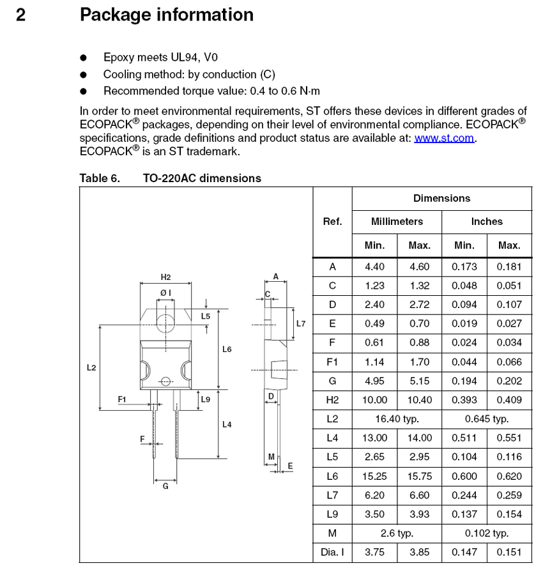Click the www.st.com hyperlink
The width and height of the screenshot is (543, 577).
click(444, 138)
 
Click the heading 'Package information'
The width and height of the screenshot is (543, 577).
click(166, 15)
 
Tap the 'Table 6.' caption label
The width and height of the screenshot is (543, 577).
click(100, 178)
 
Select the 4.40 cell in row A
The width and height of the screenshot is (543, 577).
click(374, 266)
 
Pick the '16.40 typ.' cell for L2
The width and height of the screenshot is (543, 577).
click(397, 419)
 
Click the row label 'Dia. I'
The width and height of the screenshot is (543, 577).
click(332, 553)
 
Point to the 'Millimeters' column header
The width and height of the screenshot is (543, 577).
click(397, 222)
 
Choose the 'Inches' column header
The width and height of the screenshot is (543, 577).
click(487, 222)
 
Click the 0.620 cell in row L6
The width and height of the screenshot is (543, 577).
click(509, 476)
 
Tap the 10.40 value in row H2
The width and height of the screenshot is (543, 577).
click(419, 400)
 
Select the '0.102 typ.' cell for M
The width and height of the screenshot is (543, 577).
click(487, 533)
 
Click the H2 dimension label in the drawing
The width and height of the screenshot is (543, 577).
click(165, 277)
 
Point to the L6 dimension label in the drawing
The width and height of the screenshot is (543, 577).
click(227, 350)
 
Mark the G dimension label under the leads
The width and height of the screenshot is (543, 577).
click(165, 486)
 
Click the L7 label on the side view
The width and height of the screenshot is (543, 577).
click(301, 324)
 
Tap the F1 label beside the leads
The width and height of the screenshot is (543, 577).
click(123, 399)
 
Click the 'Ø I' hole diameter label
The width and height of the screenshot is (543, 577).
click(165, 293)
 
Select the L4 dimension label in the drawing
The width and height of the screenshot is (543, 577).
click(227, 424)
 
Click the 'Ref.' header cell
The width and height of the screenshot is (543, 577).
click(332, 222)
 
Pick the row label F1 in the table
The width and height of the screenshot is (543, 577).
click(332, 362)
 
